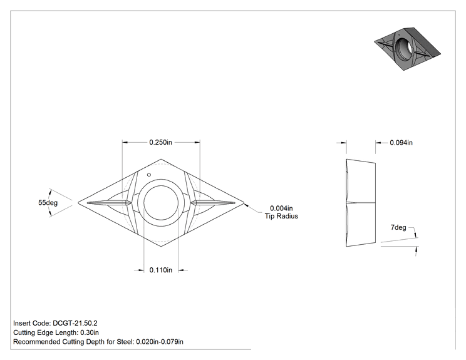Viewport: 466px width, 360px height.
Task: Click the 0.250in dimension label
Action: [x=160, y=142]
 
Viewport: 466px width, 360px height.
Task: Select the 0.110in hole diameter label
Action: [x=160, y=270]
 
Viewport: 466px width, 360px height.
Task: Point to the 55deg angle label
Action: [x=48, y=203]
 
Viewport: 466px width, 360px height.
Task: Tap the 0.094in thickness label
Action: [x=401, y=143]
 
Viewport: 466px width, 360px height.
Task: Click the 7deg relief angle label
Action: [x=398, y=227]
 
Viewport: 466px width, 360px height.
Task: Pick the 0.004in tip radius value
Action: [x=281, y=208]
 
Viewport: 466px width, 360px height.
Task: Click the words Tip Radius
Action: [x=281, y=216]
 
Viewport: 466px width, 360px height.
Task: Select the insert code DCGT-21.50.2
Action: [x=75, y=323]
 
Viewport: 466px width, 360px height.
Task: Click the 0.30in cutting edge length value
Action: [x=90, y=332]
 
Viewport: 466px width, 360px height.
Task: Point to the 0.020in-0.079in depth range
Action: [x=160, y=342]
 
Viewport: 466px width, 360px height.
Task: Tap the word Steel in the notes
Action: [x=125, y=342]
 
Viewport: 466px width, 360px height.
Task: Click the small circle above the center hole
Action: [x=149, y=175]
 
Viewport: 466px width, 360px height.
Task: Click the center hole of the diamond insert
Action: [x=161, y=203]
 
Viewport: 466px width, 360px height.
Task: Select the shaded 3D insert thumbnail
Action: [x=407, y=49]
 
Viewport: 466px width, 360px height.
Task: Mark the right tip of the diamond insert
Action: [x=244, y=203]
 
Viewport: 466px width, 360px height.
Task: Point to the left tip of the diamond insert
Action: [x=78, y=203]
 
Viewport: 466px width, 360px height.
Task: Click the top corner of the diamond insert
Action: [x=161, y=159]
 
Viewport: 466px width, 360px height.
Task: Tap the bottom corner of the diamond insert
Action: [x=161, y=247]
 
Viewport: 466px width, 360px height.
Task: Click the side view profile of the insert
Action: [x=361, y=203]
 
